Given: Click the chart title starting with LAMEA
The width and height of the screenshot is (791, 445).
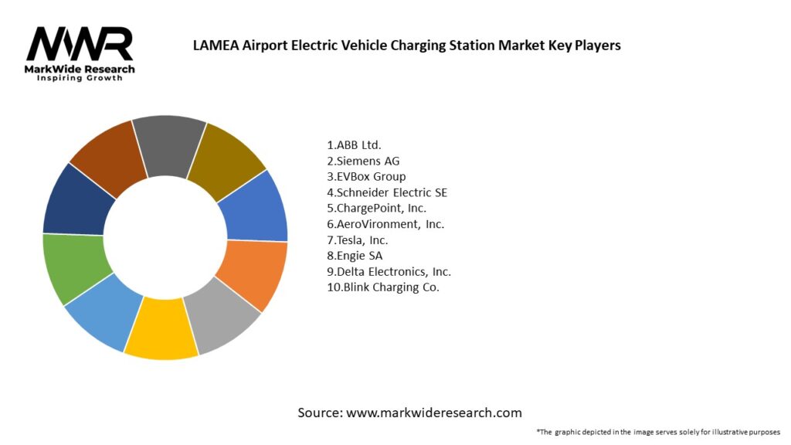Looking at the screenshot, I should (x=406, y=46).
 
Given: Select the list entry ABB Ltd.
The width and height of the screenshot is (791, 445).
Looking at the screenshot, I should (x=355, y=144).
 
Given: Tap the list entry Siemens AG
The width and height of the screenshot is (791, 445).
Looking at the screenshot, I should (x=364, y=161).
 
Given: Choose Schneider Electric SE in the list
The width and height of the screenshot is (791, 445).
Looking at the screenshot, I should (x=387, y=192).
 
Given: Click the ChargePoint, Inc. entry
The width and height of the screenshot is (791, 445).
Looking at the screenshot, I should (x=377, y=208).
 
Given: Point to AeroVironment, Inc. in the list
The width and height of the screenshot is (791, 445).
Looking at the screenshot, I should (x=385, y=224).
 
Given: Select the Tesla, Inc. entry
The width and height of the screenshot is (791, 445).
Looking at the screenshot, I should (x=358, y=240).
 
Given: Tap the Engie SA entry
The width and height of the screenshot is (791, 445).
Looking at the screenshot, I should (x=355, y=256).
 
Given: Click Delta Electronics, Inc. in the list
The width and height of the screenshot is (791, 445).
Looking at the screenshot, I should (x=389, y=272).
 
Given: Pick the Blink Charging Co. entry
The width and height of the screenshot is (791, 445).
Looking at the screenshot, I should (x=383, y=287).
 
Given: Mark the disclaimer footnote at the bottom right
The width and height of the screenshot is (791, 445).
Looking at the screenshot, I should (x=658, y=432).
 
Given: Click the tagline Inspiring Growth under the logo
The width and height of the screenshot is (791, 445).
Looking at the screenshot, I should (x=80, y=79).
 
